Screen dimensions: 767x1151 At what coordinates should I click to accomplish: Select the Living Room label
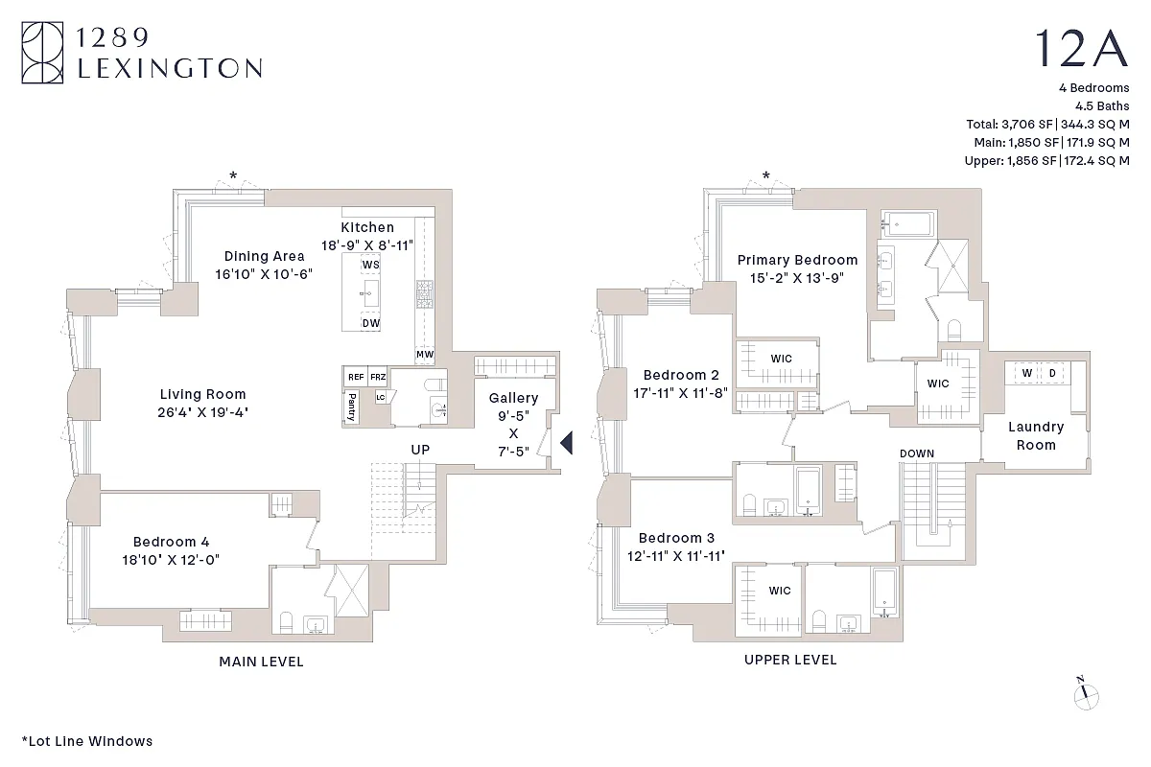(202, 394)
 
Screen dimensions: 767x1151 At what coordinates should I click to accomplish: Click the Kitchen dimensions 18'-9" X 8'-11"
(367, 244)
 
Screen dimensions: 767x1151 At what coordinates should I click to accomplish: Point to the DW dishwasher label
(371, 323)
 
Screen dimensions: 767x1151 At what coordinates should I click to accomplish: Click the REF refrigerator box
(355, 378)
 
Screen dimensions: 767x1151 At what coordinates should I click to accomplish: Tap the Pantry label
(352, 407)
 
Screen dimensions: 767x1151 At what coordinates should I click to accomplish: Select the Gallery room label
(513, 398)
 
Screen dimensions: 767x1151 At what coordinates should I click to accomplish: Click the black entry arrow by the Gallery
(566, 442)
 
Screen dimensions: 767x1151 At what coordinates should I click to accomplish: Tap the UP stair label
(420, 450)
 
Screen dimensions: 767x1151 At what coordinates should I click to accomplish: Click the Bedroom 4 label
(172, 542)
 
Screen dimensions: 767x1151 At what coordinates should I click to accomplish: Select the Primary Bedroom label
(797, 260)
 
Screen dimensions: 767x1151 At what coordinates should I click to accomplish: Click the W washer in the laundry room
(1026, 372)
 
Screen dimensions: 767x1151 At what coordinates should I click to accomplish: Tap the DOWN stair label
(917, 453)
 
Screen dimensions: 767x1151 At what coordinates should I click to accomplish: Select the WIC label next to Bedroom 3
(780, 591)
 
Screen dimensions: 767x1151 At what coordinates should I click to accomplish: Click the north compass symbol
(1086, 694)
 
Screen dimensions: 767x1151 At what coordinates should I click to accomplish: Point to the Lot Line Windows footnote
(86, 741)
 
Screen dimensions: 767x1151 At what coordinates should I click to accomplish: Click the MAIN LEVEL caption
(261, 662)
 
